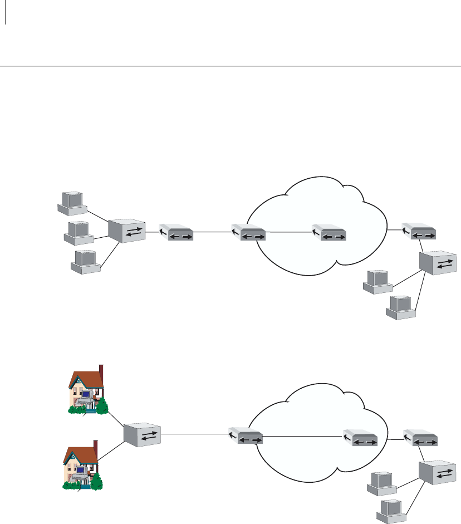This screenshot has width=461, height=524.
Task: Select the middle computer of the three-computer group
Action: (x=79, y=233)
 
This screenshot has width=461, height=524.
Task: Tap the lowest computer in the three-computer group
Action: (x=85, y=261)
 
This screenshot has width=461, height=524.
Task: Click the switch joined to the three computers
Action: (x=126, y=231)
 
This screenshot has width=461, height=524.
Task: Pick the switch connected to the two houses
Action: (x=142, y=435)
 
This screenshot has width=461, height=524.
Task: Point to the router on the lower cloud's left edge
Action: (x=246, y=437)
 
